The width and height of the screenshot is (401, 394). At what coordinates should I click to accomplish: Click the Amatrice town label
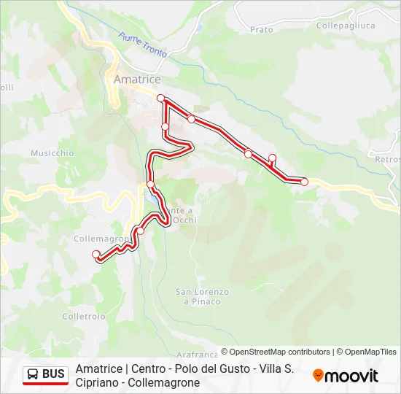137,79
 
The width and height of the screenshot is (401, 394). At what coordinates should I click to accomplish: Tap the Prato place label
261,30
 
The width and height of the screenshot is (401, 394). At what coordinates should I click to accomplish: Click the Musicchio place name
52,153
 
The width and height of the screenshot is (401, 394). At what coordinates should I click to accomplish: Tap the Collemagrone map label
101,239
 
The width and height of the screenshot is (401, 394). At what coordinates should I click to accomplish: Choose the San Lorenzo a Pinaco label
202,296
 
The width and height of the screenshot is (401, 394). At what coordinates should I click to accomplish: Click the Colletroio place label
84,317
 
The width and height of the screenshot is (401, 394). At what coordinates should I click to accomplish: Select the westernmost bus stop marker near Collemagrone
96,254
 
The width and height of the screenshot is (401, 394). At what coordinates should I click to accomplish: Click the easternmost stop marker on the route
304,182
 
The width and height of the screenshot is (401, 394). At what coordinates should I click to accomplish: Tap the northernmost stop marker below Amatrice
160,98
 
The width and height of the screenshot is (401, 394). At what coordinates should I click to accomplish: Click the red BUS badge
45,375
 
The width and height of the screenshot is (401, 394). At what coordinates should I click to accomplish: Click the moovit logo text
352,376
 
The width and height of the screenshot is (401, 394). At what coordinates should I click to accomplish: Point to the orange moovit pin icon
319,376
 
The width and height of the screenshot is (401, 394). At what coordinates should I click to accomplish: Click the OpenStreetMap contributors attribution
276,352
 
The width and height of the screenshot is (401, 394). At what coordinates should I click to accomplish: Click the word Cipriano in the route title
98,382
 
